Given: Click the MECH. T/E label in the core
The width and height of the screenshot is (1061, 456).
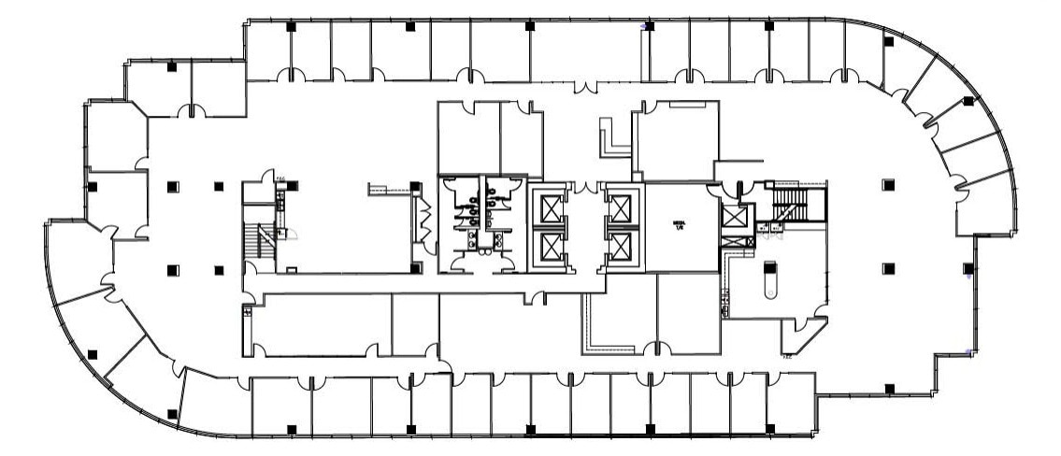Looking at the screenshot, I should (680, 225).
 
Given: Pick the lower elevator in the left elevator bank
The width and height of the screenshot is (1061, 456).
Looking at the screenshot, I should (547, 248).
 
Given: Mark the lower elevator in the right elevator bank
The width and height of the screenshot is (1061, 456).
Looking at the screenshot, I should (619, 248).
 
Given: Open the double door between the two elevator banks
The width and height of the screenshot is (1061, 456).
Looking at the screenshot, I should (582, 190).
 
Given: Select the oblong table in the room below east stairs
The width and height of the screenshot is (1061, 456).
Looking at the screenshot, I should (770, 279).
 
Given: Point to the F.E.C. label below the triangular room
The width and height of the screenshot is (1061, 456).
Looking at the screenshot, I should (787, 356).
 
